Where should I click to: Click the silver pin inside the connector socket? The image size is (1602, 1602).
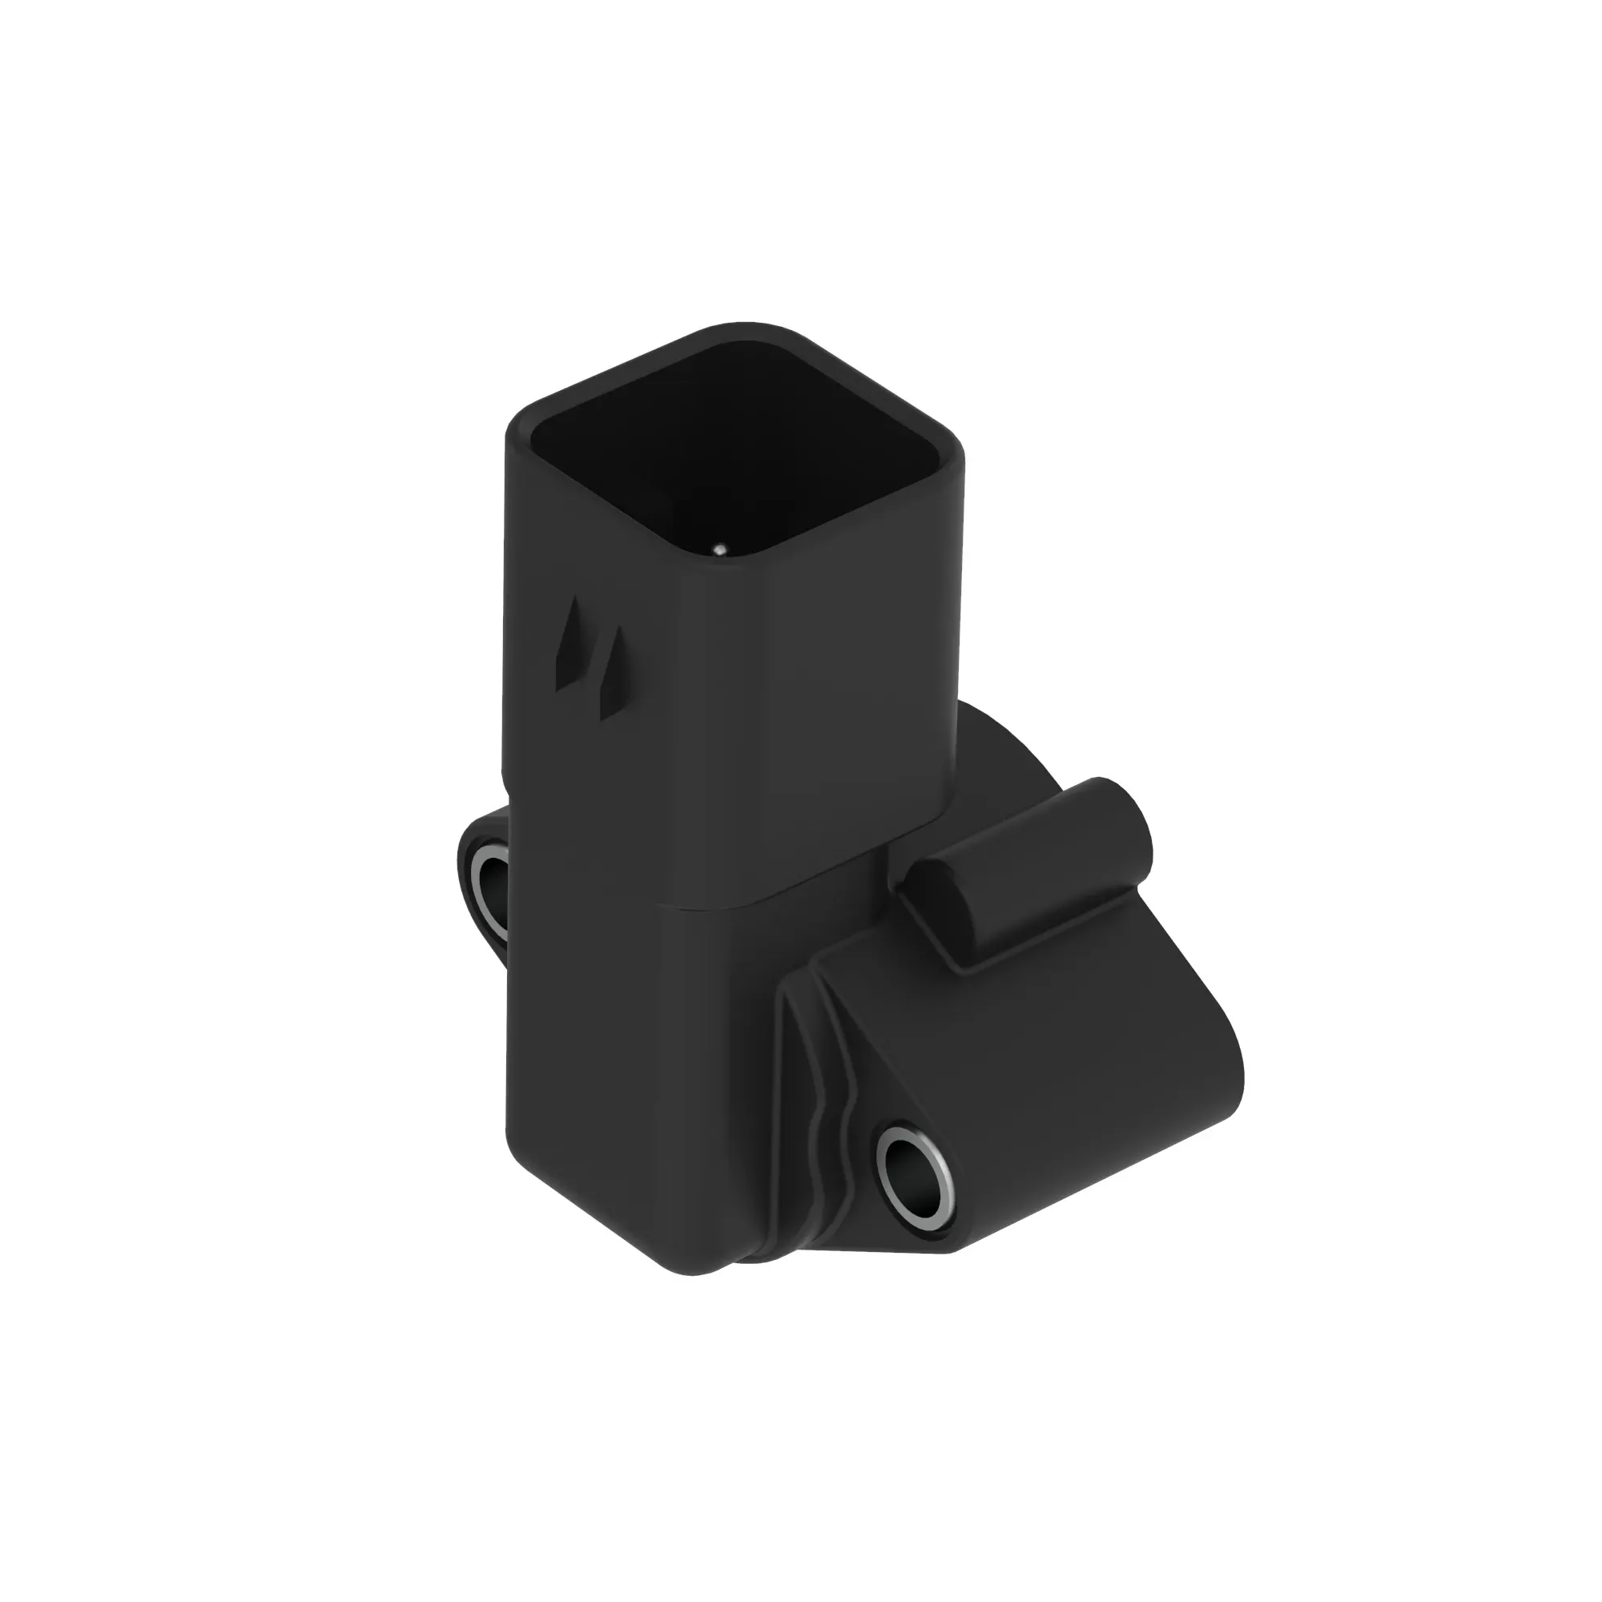(x=720, y=548)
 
